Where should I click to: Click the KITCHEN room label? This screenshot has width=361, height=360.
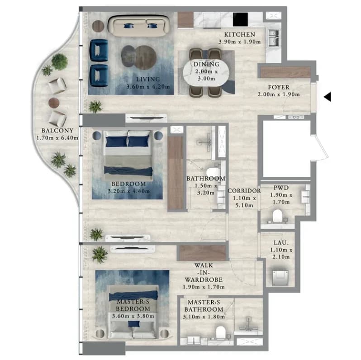coord(240,34)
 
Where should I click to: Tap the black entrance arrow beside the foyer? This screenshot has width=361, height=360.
coord(328,97)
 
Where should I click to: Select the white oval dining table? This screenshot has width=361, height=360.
coord(206,72)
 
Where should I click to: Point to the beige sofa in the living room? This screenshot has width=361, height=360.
coord(139,25)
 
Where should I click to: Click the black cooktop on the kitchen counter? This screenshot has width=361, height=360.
coord(240,19)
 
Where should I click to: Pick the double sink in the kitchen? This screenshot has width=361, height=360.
coord(274,38)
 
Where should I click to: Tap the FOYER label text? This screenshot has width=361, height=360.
coord(279,87)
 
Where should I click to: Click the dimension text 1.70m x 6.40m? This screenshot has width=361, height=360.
coord(57,138)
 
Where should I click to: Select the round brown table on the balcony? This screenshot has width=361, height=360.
coord(54,103)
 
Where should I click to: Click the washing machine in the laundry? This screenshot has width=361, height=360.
coord(280,278)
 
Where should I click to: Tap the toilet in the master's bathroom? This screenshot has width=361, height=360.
coord(221,332)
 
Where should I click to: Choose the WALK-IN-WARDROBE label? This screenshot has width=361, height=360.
coord(204,273)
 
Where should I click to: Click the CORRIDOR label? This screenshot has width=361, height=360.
coord(244,191)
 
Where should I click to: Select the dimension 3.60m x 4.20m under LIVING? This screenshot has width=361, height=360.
coord(148,87)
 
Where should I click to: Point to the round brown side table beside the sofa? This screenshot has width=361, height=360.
coord(98,26)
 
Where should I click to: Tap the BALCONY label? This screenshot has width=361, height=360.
coord(57,131)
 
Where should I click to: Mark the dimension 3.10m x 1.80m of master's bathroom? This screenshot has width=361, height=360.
coord(204,317)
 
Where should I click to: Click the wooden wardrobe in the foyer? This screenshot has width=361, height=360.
coord(285,72)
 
